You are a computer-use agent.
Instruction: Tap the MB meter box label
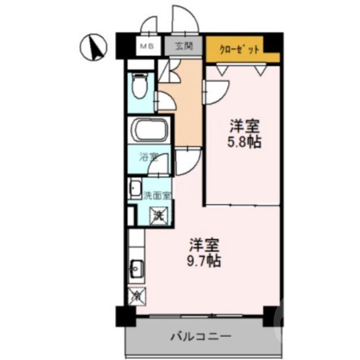pyautogui.click(x=145, y=46)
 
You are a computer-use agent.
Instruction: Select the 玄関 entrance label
pyautogui.click(x=184, y=46)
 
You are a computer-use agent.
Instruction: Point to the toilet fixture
pyautogui.click(x=139, y=86)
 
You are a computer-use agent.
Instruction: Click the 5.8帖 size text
pyautogui.click(x=245, y=141)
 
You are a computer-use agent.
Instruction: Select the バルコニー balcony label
pyautogui.click(x=200, y=336)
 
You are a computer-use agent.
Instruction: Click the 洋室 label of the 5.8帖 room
pyautogui.click(x=245, y=126)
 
